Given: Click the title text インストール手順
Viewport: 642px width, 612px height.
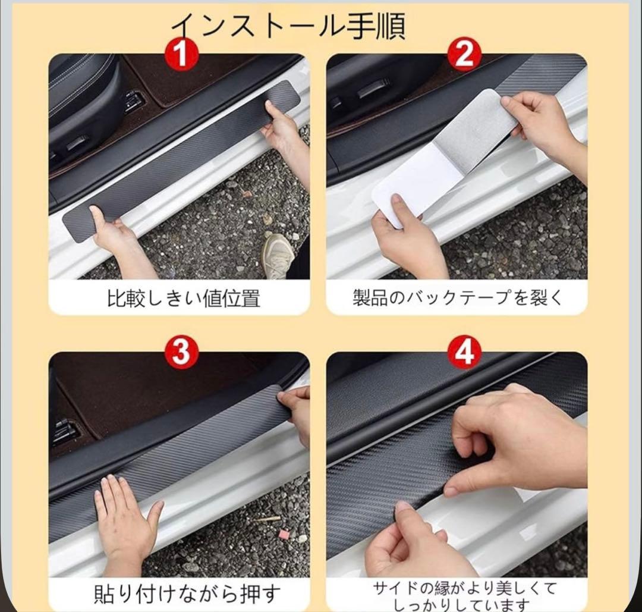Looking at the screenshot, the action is (288, 26).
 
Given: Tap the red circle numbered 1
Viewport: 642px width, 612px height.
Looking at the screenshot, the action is (182, 54).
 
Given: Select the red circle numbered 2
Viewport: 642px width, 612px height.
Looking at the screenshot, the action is (465, 54).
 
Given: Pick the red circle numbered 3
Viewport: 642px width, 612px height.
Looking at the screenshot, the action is (182, 352).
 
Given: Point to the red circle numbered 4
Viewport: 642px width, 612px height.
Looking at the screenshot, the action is (465, 352).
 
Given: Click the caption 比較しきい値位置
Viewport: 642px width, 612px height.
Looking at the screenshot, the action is (183, 298).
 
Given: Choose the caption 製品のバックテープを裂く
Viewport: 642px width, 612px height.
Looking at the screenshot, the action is (458, 297).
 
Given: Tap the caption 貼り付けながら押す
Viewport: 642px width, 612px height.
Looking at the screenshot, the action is (187, 594).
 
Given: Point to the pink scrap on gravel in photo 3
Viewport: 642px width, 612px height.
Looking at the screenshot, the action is (283, 533).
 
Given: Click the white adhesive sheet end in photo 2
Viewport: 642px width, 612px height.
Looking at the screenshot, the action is (402, 184).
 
